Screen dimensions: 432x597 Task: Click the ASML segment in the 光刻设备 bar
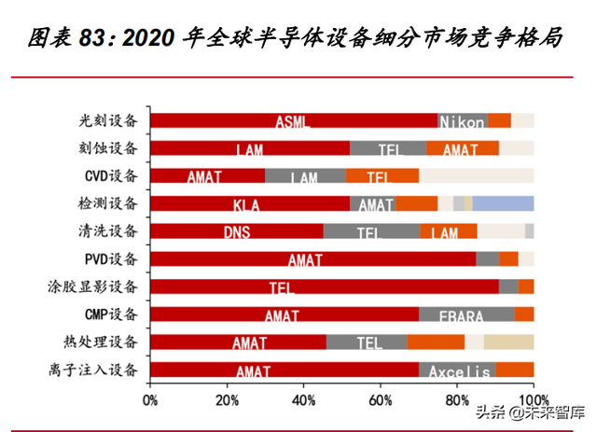click(293, 120)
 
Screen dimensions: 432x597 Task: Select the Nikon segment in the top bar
click(462, 120)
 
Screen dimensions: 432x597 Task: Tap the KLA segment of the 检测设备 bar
click(249, 204)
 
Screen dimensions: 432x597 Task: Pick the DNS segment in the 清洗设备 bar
click(236, 232)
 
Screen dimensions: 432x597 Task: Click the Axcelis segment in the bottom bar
click(458, 371)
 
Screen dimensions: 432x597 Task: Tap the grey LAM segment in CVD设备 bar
click(305, 176)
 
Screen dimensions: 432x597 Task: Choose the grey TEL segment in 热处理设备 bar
click(367, 343)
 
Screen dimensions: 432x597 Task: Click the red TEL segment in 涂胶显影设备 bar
click(324, 287)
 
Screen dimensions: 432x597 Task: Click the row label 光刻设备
click(108, 120)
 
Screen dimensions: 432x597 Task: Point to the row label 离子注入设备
click(95, 371)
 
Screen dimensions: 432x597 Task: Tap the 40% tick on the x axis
click(303, 401)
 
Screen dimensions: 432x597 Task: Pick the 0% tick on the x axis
click(150, 401)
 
